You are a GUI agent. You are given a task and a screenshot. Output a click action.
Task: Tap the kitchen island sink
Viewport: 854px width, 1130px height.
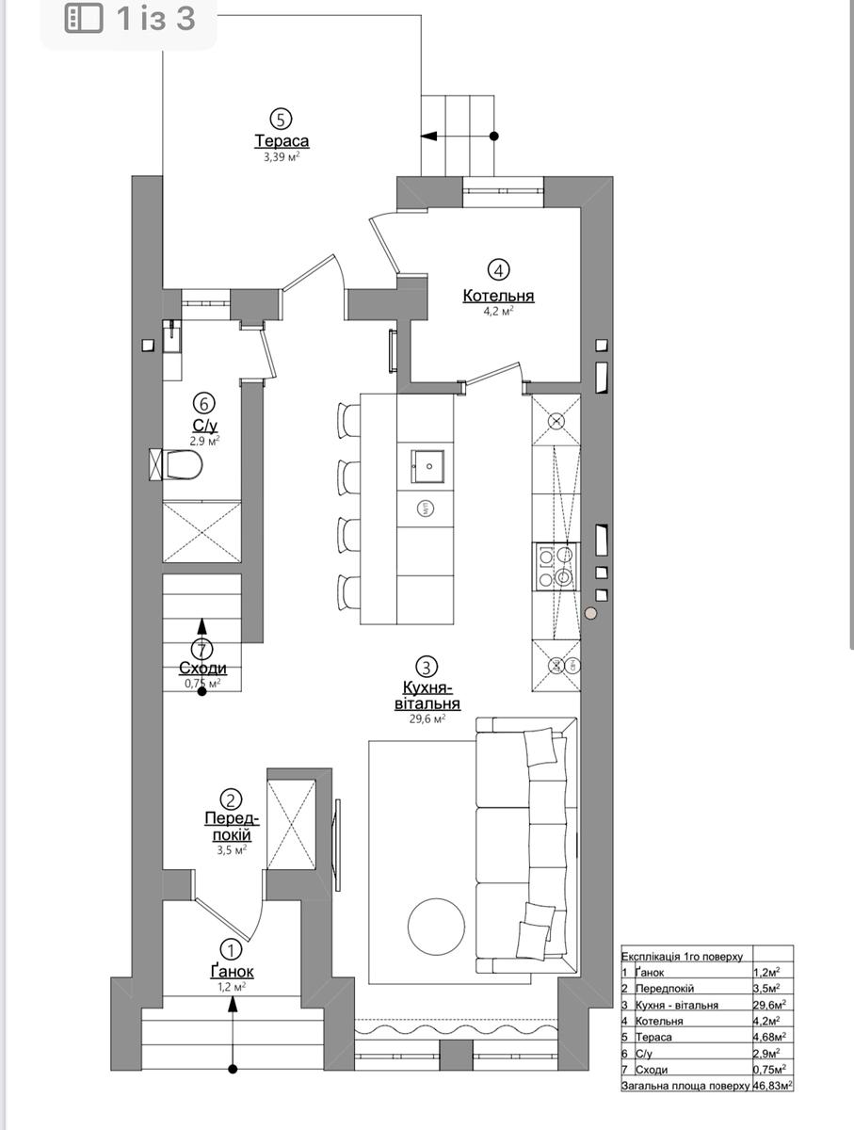[x=427, y=466]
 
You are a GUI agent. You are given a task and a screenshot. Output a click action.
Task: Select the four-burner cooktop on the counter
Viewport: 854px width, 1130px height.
[x=555, y=566]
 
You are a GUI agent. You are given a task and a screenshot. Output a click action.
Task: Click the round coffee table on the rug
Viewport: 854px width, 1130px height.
[x=436, y=927]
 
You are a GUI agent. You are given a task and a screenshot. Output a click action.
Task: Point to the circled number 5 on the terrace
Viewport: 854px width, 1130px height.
[x=282, y=119]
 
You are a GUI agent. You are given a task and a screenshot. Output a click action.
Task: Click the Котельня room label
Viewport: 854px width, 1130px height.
[x=498, y=296]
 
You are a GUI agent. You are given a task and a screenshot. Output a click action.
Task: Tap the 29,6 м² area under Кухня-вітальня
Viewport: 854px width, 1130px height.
[x=427, y=718]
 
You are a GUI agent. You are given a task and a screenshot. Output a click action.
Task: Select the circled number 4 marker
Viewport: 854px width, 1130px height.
[x=498, y=269]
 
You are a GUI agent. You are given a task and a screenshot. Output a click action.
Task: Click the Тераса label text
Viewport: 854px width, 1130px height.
[x=282, y=141]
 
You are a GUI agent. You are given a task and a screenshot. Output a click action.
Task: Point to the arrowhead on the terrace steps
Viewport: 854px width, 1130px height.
[x=428, y=136]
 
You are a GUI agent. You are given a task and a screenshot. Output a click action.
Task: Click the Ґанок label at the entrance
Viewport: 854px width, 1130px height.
[x=233, y=971]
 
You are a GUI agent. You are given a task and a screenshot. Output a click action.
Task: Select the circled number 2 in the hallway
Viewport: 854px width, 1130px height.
[x=231, y=799]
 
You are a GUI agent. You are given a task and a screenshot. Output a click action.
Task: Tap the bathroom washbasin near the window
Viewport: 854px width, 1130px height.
[x=172, y=335]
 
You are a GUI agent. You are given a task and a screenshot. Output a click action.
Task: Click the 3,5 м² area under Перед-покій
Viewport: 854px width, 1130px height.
[x=232, y=850]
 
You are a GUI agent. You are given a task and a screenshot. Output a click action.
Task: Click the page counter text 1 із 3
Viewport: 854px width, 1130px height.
[x=156, y=19]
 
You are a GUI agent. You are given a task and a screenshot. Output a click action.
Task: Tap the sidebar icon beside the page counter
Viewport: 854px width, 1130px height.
[x=84, y=19]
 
